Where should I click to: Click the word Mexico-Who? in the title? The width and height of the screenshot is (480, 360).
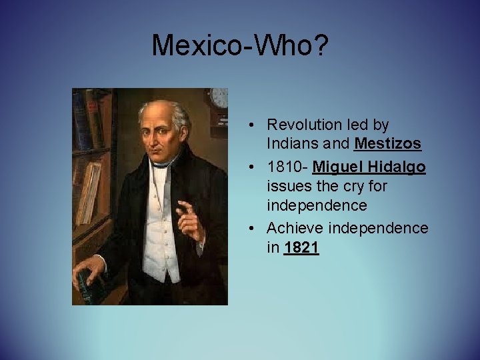[x=239, y=46]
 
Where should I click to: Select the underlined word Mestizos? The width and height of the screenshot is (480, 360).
[x=388, y=143]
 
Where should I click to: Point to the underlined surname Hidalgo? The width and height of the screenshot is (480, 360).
[x=398, y=167]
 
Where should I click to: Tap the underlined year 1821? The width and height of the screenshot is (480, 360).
[x=301, y=248]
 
